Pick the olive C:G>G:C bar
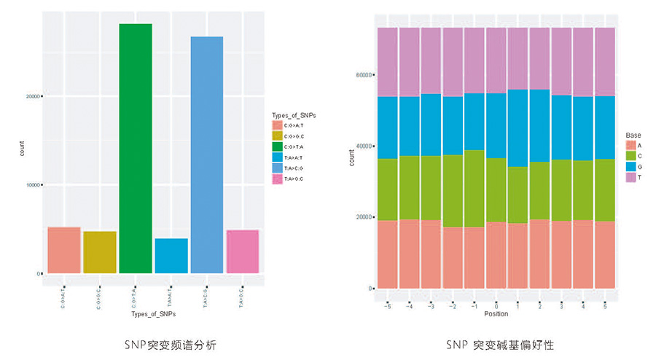coord(100,252)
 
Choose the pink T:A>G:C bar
coord(243,251)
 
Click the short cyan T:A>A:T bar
coord(171,256)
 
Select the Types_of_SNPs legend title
coord(292,116)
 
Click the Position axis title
coord(496,314)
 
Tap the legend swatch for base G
coord(631,167)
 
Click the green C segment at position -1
coord(475,189)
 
